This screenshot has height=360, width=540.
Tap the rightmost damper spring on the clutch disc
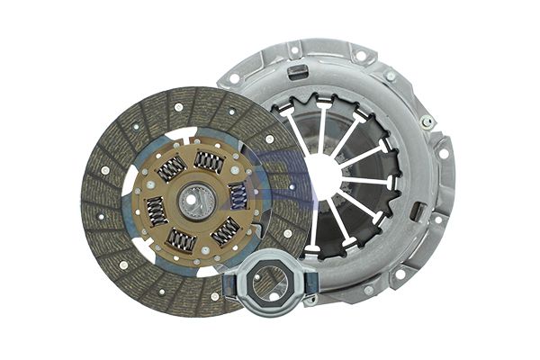[238, 194]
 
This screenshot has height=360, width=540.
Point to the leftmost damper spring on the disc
[156, 211]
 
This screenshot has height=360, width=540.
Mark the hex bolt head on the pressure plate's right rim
[427, 121]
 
